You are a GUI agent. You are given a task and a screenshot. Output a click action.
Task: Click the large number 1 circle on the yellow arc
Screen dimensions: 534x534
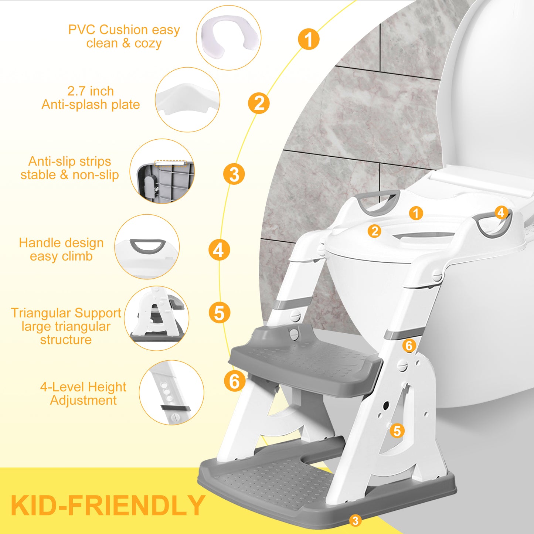click(x=309, y=39)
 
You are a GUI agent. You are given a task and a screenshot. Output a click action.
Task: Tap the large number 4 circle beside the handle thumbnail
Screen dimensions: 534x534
click(x=219, y=250)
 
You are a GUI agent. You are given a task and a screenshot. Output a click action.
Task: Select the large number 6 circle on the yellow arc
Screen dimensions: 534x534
click(x=235, y=381)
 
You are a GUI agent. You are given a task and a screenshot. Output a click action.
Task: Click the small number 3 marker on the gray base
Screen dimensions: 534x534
click(x=355, y=521)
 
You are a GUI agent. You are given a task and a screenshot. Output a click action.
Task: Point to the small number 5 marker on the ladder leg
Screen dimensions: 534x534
click(x=397, y=431)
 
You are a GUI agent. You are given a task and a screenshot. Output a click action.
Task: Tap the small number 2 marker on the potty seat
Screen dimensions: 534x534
click(x=374, y=231)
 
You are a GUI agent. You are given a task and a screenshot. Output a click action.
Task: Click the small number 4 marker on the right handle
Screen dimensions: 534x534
click(x=501, y=212)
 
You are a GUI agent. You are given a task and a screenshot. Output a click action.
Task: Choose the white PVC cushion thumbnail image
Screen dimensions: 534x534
click(x=228, y=37)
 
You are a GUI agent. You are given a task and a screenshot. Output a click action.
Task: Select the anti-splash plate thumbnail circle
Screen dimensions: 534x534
click(x=187, y=99)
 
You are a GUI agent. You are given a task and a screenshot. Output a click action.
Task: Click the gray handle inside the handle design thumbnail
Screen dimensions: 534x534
click(x=147, y=246)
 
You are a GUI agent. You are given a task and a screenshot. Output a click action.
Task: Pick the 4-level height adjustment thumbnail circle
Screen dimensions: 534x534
click(x=171, y=392)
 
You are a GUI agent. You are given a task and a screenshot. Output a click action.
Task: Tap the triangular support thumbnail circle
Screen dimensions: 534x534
click(x=157, y=318)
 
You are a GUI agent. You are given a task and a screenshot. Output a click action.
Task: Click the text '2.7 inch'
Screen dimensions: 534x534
click(x=91, y=91)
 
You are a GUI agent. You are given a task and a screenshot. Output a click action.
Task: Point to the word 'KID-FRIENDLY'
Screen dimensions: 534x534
click(x=108, y=506)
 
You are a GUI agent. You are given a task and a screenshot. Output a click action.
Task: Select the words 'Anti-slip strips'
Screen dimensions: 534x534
click(x=70, y=161)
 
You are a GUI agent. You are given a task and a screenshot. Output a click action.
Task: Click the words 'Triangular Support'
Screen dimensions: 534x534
click(x=66, y=313)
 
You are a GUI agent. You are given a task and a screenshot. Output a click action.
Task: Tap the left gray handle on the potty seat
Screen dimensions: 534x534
click(x=378, y=203)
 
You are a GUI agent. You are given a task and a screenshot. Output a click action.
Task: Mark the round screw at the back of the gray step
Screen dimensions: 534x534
click(x=294, y=334)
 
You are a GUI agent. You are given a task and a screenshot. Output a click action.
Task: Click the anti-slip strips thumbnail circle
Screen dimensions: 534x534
click(x=162, y=171)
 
